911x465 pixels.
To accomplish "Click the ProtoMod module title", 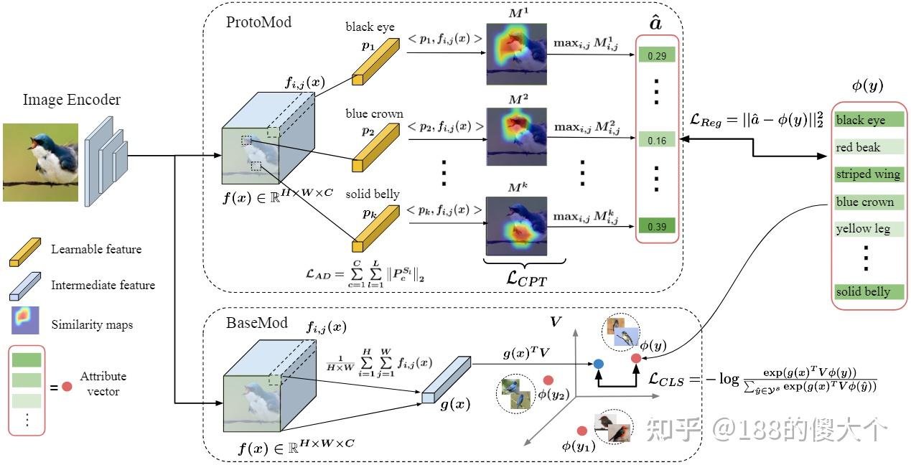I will [x=259, y=22].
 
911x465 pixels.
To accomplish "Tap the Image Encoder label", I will [x=72, y=100].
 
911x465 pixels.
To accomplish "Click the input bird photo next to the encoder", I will [x=40, y=161].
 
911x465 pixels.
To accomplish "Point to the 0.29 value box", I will [x=656, y=55].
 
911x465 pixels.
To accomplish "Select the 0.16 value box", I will [x=656, y=141].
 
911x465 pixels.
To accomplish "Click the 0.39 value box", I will [x=656, y=226].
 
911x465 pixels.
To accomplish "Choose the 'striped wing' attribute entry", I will [x=868, y=174].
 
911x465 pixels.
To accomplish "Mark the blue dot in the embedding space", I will [x=598, y=365].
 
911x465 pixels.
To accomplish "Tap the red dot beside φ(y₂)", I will [x=548, y=380].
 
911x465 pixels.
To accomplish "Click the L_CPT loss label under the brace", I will [x=517, y=279].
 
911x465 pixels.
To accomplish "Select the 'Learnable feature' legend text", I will [x=96, y=250].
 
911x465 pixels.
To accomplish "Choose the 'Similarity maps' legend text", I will [x=92, y=325].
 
